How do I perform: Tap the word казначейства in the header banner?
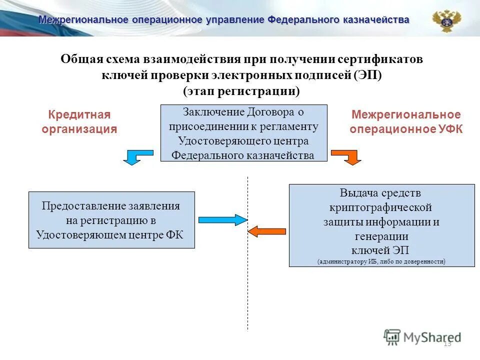point(375,20)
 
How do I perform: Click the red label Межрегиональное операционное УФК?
point(405,122)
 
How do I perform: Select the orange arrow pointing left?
point(267,231)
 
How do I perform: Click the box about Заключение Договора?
point(243,133)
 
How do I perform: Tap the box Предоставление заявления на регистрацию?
point(111,220)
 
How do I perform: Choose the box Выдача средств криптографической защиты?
point(381,224)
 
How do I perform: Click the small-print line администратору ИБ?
point(381,261)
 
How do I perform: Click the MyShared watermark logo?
point(422,337)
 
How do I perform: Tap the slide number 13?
point(447,343)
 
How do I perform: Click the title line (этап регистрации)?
point(241,91)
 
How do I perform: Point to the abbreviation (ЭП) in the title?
point(367,75)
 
